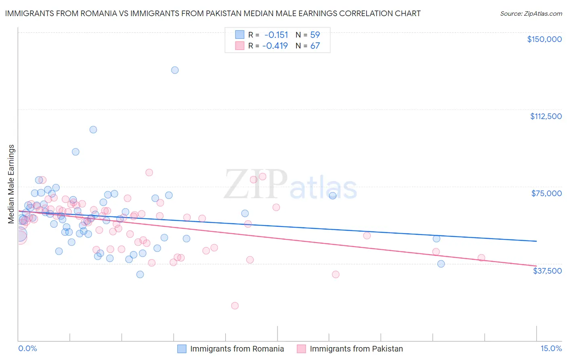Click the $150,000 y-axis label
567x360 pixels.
pos(544,39)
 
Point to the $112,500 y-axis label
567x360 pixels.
pos(546,116)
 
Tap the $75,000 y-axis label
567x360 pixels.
pos(546,193)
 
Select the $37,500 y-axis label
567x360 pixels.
pos(547,271)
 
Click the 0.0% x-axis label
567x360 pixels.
pos(27,348)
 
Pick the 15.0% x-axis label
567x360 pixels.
pos(551,348)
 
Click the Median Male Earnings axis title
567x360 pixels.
pos(11,184)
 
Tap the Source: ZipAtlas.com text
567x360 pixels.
pos(531,14)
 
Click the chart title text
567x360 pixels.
pos(213,14)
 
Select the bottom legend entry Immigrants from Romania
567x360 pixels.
pos(237,349)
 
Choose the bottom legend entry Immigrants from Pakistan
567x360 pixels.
pos(356,349)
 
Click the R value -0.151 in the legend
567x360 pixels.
pos(276,35)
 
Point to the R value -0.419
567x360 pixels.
pos(275,46)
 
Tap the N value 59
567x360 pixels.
pos(315,35)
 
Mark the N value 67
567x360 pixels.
pos(315,46)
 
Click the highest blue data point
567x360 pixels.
pos(175,70)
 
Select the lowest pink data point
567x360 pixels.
pos(235,306)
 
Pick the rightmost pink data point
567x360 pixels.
pos(481,257)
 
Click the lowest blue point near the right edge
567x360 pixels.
pos(441,264)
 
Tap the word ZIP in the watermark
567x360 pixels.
pos(256,185)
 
